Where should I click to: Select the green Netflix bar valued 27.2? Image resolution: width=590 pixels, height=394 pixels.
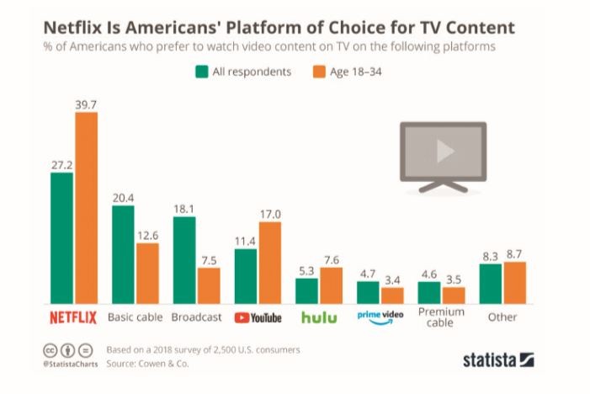pyautogui.click(x=62, y=239)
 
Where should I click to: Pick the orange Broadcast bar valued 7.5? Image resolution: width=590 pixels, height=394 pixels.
pyautogui.click(x=209, y=286)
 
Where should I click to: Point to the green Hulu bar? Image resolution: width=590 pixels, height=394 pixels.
pyautogui.click(x=306, y=291)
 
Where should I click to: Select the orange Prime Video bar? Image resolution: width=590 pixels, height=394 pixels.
pyautogui.click(x=392, y=295)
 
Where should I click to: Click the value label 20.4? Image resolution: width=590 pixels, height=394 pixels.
pyautogui.click(x=123, y=198)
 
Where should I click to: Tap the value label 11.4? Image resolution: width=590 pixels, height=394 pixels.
pyautogui.click(x=245, y=242)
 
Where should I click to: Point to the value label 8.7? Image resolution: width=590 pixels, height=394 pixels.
pyautogui.click(x=513, y=253)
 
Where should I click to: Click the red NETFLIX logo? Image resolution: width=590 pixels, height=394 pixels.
pyautogui.click(x=74, y=317)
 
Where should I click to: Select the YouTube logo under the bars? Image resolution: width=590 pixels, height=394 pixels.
pyautogui.click(x=258, y=317)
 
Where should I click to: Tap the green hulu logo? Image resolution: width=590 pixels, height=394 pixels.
pyautogui.click(x=318, y=317)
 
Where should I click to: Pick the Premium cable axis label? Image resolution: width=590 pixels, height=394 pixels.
pyautogui.click(x=441, y=317)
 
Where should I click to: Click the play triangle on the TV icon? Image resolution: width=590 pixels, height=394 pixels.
pyautogui.click(x=444, y=152)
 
